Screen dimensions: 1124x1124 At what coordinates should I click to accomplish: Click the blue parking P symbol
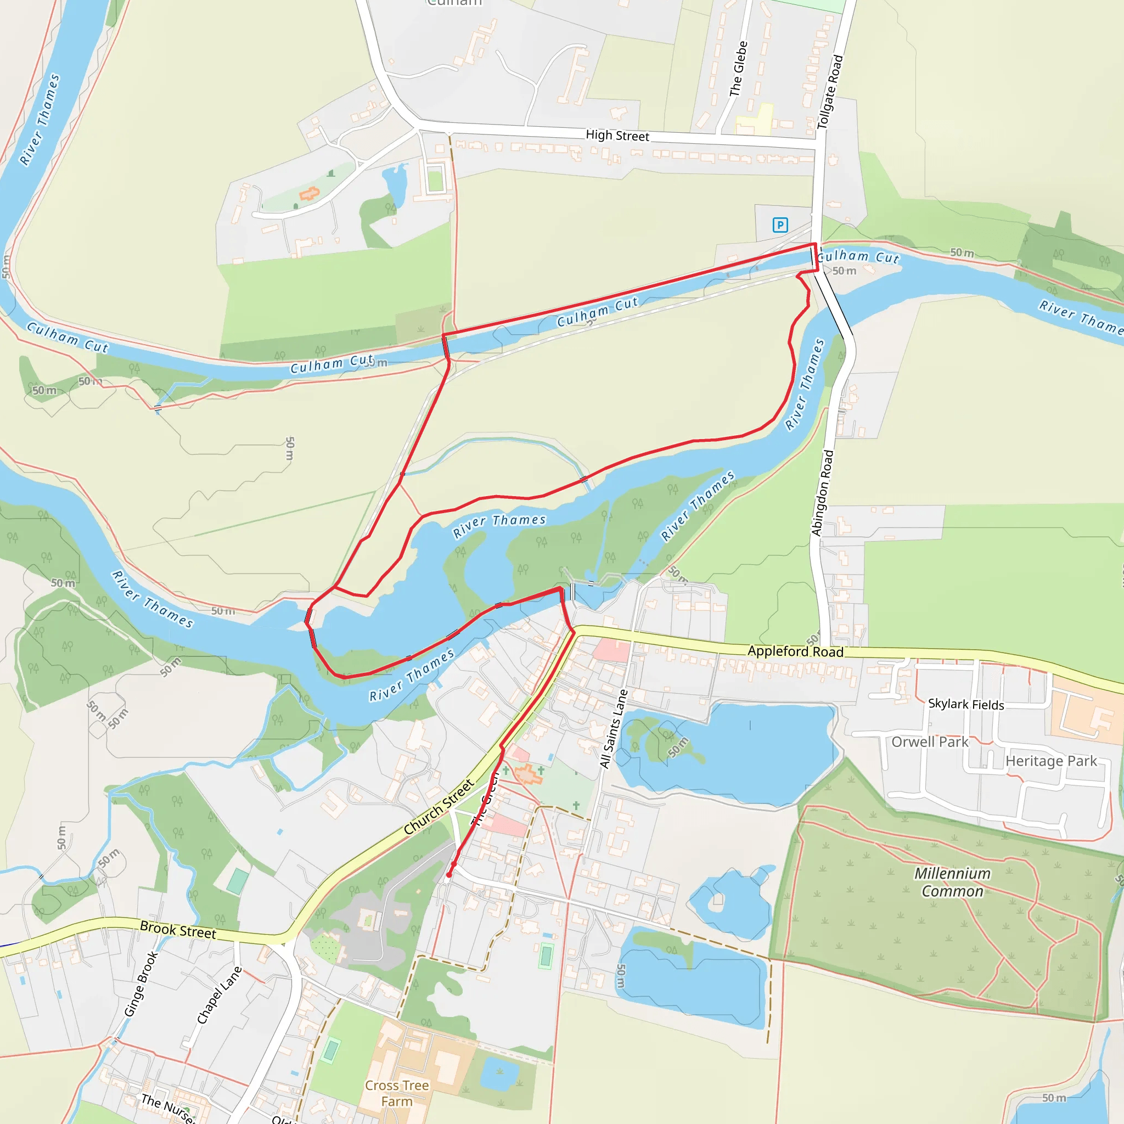click(x=780, y=224)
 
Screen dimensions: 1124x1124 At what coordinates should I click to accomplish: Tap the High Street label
click(x=617, y=136)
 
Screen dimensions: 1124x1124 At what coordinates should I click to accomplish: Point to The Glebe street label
click(x=738, y=69)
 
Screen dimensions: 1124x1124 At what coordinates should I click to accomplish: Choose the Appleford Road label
click(x=795, y=651)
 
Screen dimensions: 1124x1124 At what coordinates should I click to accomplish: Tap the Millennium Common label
click(x=952, y=882)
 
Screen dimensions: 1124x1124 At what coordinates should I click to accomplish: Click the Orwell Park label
click(x=930, y=742)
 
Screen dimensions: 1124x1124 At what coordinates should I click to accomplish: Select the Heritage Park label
click(x=1050, y=761)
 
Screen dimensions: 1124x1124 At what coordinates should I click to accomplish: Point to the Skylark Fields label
click(x=966, y=704)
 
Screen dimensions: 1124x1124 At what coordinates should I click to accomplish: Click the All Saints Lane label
click(x=614, y=728)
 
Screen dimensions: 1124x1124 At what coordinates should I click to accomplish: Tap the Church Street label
click(x=439, y=807)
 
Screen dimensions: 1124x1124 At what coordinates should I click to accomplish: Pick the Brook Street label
click(x=178, y=930)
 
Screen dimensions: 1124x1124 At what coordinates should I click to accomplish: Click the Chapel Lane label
click(x=219, y=995)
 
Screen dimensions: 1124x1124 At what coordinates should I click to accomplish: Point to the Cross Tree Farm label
click(x=397, y=1093)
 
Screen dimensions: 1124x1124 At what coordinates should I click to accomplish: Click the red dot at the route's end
click(x=449, y=874)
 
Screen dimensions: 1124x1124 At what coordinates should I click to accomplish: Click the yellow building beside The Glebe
click(x=755, y=120)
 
